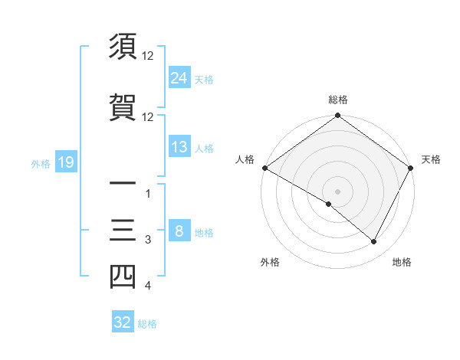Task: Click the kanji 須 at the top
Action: click(x=123, y=47)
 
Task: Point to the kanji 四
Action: click(x=123, y=276)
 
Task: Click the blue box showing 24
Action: click(x=179, y=77)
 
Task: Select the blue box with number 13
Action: click(x=179, y=147)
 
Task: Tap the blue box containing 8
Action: click(x=179, y=232)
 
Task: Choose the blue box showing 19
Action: click(x=65, y=162)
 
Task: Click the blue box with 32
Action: click(x=123, y=322)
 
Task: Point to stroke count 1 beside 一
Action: click(x=148, y=194)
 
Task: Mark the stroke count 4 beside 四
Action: click(x=148, y=286)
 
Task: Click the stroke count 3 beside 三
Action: click(x=148, y=241)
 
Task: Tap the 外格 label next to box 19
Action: click(x=40, y=163)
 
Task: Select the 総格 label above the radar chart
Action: click(x=338, y=100)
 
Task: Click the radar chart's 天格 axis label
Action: click(x=431, y=159)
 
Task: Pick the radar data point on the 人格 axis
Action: click(x=264, y=168)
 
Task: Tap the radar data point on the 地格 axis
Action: click(x=374, y=242)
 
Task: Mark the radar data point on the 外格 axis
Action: click(x=329, y=204)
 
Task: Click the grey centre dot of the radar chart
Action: click(x=337, y=191)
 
